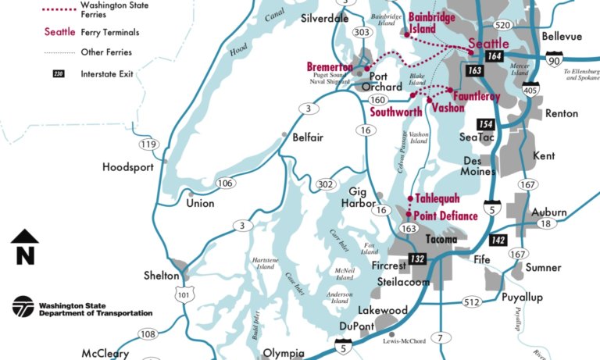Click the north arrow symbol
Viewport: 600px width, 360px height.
coord(25,247)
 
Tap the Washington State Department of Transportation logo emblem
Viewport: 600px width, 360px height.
coord(23,307)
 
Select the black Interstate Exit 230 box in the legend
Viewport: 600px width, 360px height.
coord(59,73)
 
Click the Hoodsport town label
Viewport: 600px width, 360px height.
coord(127,167)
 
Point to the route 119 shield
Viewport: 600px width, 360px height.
coord(148,144)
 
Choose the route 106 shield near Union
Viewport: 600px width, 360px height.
coord(226,183)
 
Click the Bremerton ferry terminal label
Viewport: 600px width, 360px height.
coord(329,67)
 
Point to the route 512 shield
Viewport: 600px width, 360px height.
coord(471,301)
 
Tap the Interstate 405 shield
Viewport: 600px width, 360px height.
coord(531,90)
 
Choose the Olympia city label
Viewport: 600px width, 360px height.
coord(282,353)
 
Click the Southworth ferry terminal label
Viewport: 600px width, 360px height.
coord(396,112)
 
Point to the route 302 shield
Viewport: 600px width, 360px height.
coord(326,185)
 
